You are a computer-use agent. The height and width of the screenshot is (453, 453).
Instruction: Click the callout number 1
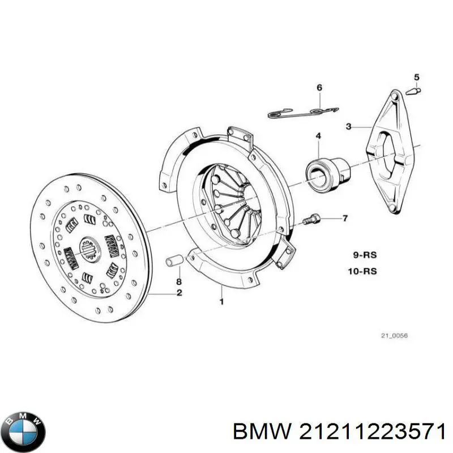[x=221, y=302]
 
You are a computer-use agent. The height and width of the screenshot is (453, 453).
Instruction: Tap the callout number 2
[x=179, y=293]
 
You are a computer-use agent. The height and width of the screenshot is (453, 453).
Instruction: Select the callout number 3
[x=349, y=127]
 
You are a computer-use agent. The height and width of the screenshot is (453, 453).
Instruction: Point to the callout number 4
[x=319, y=136]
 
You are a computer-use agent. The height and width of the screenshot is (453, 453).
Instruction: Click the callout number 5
[x=417, y=77]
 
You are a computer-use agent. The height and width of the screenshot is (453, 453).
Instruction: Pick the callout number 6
[x=319, y=87]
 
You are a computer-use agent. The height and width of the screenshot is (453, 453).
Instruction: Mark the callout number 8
[x=178, y=281]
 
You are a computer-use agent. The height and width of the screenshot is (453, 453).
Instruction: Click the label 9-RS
[x=362, y=254]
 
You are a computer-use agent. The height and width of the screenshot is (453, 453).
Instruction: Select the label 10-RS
[x=362, y=271]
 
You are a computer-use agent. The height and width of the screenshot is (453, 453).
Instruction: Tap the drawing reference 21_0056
[x=394, y=336]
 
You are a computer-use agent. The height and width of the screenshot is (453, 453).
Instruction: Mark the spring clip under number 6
[x=303, y=110]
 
